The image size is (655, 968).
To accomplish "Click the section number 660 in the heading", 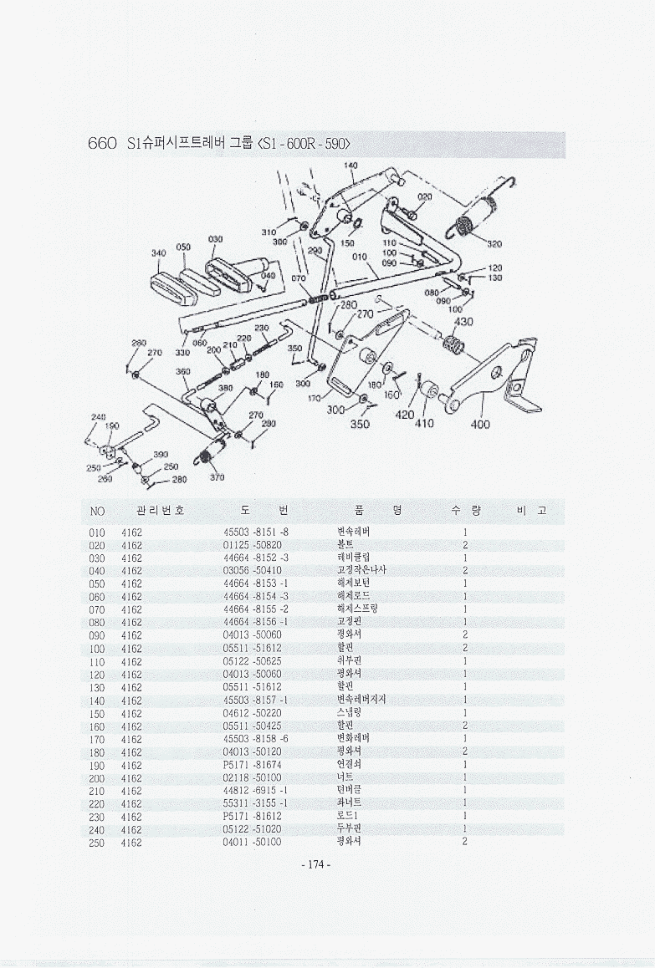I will [x=102, y=143].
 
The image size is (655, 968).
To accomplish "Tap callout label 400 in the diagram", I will [x=480, y=424].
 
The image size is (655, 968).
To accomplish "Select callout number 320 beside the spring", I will [x=494, y=244].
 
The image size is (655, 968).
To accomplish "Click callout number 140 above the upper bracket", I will [x=351, y=166].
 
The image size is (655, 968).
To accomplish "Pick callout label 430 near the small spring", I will [x=463, y=321].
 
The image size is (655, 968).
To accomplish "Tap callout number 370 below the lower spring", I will [x=217, y=477].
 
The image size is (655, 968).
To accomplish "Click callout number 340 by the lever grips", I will [x=158, y=252].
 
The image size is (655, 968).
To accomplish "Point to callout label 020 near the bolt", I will [x=424, y=197].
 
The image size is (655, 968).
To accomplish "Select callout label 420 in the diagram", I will [x=405, y=415].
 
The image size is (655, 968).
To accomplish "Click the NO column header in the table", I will [x=96, y=511].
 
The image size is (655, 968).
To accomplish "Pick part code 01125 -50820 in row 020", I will [x=253, y=545].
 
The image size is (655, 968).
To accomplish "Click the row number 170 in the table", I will [x=96, y=739].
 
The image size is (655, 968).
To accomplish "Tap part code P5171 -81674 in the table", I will [x=253, y=765].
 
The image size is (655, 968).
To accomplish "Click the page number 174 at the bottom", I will [x=315, y=864].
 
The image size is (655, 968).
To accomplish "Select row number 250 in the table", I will [x=96, y=842].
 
